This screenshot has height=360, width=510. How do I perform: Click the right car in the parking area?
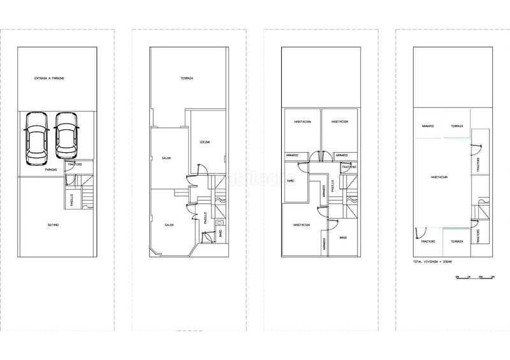coord(66,136)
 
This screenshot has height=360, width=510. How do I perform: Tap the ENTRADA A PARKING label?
coord(49,78)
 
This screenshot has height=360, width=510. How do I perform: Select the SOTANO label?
coord(54,224)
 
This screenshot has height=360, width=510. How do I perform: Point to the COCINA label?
coord(205,141)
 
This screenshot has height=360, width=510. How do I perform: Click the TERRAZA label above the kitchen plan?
coord(187,78)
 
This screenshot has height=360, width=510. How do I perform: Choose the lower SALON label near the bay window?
coord(170,224)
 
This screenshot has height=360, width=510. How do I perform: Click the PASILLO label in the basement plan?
coord(71,199)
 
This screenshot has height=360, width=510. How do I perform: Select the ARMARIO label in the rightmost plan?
coord(427,126)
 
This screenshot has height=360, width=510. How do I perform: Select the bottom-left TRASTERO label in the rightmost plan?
coord(427,241)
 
